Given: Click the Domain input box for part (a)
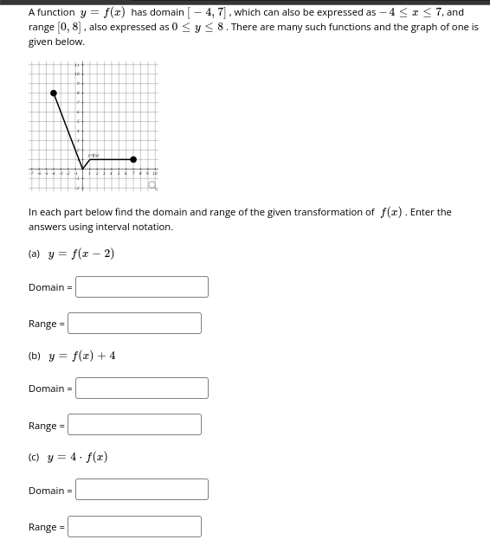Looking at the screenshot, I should (142, 286).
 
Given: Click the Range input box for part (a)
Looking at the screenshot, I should (135, 323).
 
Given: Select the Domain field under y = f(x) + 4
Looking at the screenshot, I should (142, 388).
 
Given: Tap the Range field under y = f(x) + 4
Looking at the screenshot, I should (135, 424).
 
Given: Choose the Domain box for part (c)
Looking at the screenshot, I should (142, 489).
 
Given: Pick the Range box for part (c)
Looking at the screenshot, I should (135, 526).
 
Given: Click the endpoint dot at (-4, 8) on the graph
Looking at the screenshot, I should (55, 93).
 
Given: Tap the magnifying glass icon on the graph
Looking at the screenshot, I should (152, 185).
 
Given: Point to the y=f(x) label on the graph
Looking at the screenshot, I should (93, 155).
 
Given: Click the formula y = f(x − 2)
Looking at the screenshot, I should (81, 254).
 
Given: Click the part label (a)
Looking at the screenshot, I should (35, 254).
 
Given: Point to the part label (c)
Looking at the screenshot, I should (35, 456).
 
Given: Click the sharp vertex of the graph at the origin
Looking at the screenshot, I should (83, 169).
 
